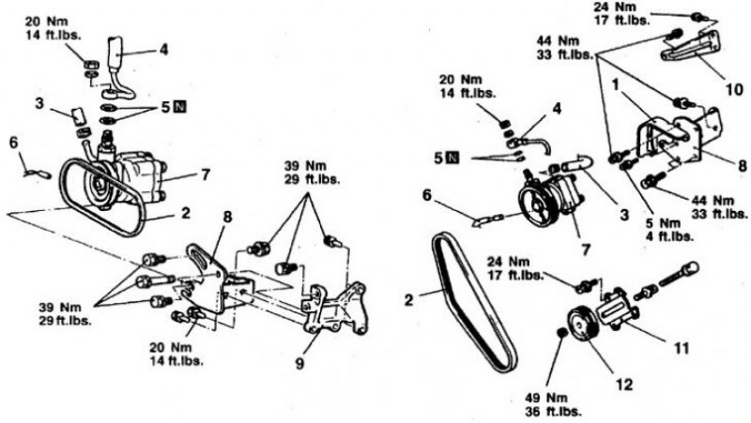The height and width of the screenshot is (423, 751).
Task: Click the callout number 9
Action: tap(299, 364)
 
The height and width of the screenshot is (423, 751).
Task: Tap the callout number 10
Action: tap(734, 89)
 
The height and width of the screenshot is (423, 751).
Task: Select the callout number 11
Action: tap(682, 347)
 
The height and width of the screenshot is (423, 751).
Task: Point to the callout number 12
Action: tap(624, 384)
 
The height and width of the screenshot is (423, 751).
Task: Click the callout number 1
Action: tap(616, 84)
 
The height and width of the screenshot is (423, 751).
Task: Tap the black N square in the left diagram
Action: tap(179, 107)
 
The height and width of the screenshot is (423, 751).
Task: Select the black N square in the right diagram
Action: tap(452, 158)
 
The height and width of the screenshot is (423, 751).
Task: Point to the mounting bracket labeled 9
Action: tap(335, 309)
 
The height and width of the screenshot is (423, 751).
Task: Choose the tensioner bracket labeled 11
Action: tap(617, 309)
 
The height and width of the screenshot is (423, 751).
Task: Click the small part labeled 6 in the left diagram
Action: tap(37, 174)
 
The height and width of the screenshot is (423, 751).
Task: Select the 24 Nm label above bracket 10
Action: tap(621, 13)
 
